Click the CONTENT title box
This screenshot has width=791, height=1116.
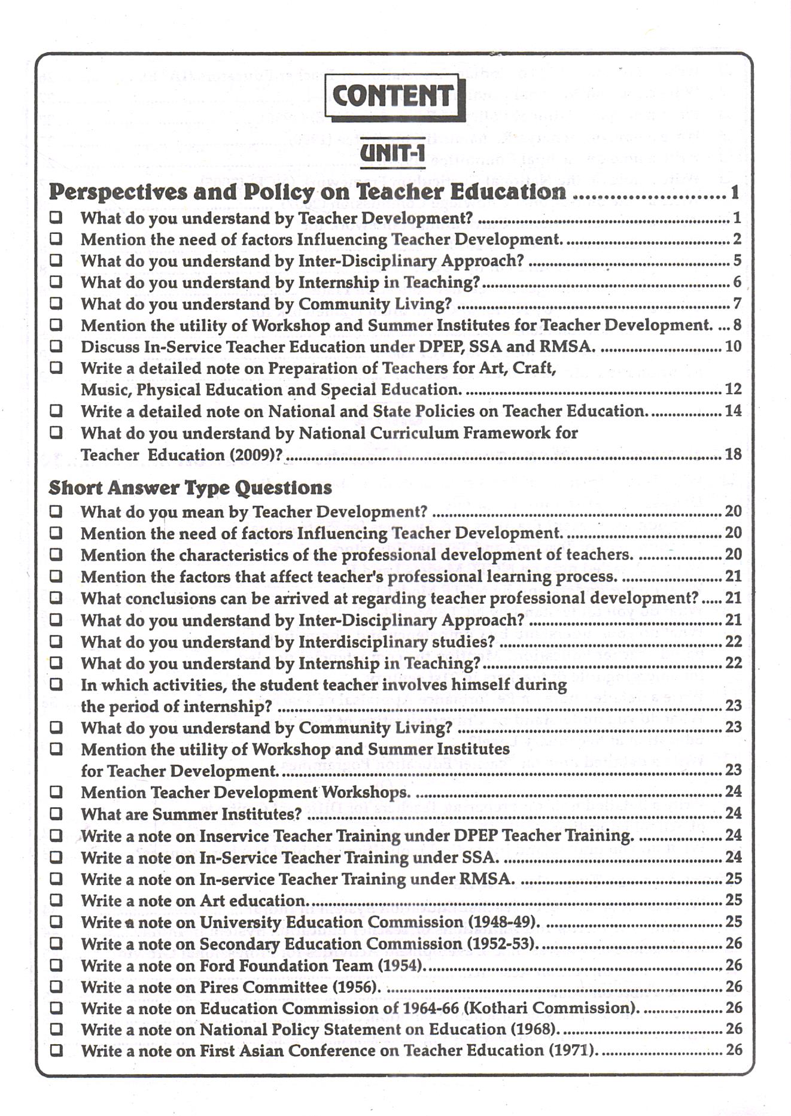pyautogui.click(x=394, y=96)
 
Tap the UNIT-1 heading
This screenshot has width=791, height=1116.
pyautogui.click(x=393, y=153)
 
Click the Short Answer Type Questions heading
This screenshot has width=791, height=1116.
pyautogui.click(x=190, y=488)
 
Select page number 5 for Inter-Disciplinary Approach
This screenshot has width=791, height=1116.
pyautogui.click(x=737, y=260)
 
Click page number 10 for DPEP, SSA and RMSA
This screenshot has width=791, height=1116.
pyautogui.click(x=734, y=346)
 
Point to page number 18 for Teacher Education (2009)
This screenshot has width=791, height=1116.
pyautogui.click(x=734, y=454)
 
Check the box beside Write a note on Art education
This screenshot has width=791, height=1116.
pyautogui.click(x=56, y=899)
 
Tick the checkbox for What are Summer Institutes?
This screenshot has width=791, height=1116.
pyautogui.click(x=56, y=813)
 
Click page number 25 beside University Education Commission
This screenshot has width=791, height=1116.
pyautogui.click(x=734, y=922)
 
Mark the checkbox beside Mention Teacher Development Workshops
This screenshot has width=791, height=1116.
pyautogui.click(x=56, y=792)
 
